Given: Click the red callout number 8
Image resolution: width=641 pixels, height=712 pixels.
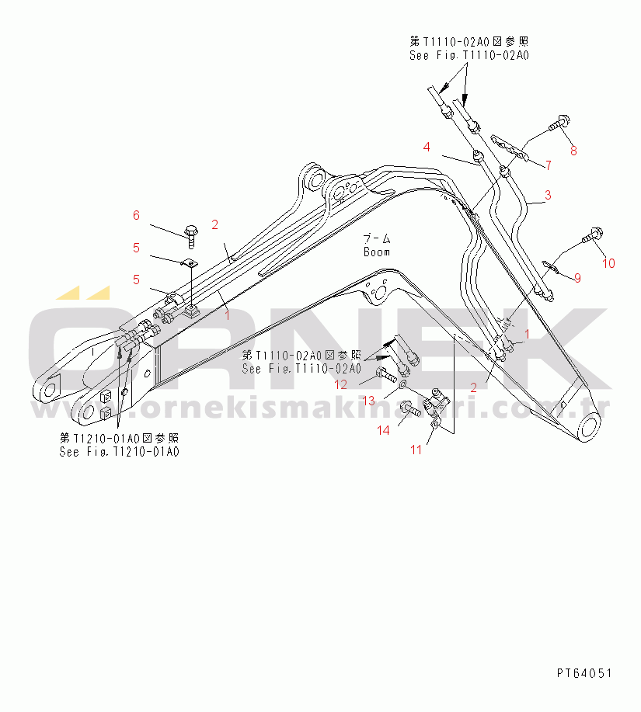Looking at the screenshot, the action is (574, 151).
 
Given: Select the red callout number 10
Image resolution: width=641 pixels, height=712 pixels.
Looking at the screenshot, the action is (608, 263).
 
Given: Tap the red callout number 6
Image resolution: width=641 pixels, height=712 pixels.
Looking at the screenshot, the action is (135, 215).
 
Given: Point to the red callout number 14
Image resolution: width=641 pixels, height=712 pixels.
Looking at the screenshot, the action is (384, 430).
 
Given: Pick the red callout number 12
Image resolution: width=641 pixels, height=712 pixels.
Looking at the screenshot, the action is (342, 384).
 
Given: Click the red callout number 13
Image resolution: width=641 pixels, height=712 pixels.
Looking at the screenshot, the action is (368, 400).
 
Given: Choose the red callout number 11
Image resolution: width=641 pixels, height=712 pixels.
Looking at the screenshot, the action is (416, 450).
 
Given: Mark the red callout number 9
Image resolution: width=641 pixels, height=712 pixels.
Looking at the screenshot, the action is (577, 276).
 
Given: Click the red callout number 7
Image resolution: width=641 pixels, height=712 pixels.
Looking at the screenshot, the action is (547, 165).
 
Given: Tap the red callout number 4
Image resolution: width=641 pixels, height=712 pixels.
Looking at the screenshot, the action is (427, 147).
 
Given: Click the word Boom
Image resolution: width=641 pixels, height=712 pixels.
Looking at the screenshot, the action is (376, 252).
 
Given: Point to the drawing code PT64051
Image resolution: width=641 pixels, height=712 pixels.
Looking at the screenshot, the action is (584, 672).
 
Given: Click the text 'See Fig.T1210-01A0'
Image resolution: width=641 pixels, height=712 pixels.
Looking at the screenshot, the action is (119, 452).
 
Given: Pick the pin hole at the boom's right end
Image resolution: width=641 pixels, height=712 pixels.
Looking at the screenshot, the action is (590, 426).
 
